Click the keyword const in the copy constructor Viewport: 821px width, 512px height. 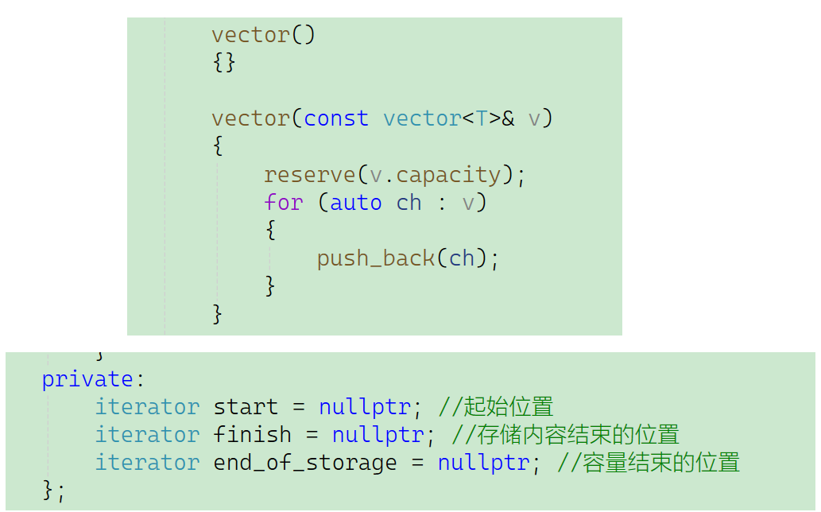336,118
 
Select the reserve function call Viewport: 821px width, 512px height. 309,174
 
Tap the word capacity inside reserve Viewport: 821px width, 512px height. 448,174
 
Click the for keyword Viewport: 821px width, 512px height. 283,202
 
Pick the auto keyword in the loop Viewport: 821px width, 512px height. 355,202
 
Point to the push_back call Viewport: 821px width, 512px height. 375,258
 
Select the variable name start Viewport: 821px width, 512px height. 246,407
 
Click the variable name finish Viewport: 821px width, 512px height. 252,435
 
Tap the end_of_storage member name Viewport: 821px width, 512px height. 304,463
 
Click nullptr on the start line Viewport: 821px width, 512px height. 365,407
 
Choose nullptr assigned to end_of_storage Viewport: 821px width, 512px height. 483,463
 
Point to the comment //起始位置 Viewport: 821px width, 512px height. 495,407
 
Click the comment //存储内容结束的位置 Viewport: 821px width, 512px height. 565,435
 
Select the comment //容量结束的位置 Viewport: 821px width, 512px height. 649,463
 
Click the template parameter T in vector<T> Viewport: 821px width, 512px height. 482,118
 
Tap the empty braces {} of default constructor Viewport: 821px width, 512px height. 224,63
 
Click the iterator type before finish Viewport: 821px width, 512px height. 147,435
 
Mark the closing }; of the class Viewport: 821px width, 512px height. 53,491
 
